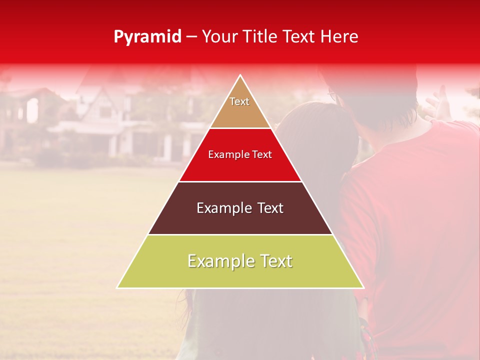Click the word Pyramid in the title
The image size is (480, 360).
147,37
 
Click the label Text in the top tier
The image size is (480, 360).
239,101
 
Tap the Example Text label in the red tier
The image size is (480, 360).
240,154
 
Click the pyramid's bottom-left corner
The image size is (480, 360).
118,287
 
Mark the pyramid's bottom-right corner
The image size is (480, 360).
363,287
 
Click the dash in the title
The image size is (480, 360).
191,37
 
